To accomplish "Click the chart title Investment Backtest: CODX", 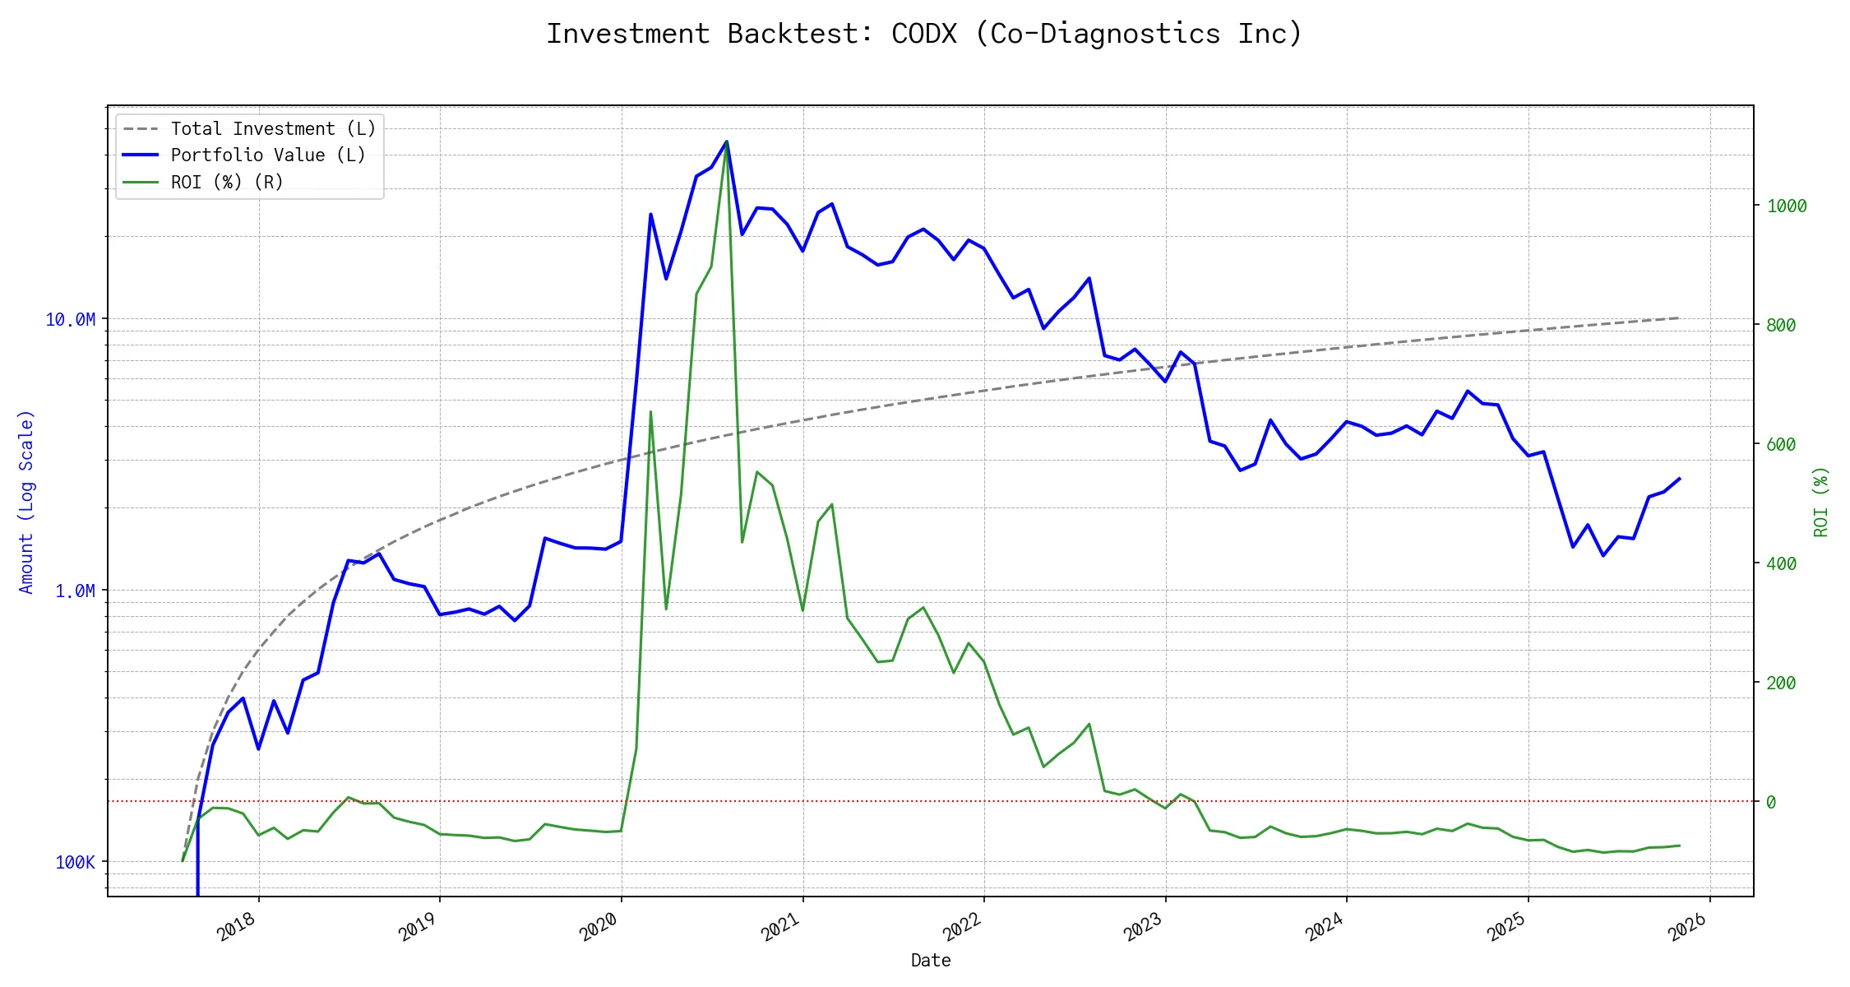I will click(x=924, y=34).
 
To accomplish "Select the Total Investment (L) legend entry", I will click(x=272, y=129).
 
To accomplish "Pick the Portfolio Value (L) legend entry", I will click(x=267, y=155).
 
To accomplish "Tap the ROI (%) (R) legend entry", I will click(x=226, y=183).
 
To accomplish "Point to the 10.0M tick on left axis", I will click(x=70, y=319).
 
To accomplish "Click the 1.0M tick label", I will click(x=75, y=591).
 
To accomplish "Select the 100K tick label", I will click(x=75, y=862).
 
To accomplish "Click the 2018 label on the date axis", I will click(x=237, y=927).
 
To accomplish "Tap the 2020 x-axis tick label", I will click(x=599, y=927).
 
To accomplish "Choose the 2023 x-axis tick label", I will click(x=1143, y=927).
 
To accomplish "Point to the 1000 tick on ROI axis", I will click(x=1787, y=206).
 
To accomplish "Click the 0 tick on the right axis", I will click(x=1771, y=802).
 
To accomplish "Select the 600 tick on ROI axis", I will click(x=1781, y=445).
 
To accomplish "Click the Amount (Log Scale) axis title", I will click(x=26, y=502).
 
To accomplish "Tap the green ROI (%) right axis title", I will click(x=1821, y=502).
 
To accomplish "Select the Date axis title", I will click(x=931, y=960).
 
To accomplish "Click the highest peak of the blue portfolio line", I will click(x=727, y=141).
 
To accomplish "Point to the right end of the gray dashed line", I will click(x=1679, y=317).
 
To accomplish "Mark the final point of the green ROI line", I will click(x=1679, y=846).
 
